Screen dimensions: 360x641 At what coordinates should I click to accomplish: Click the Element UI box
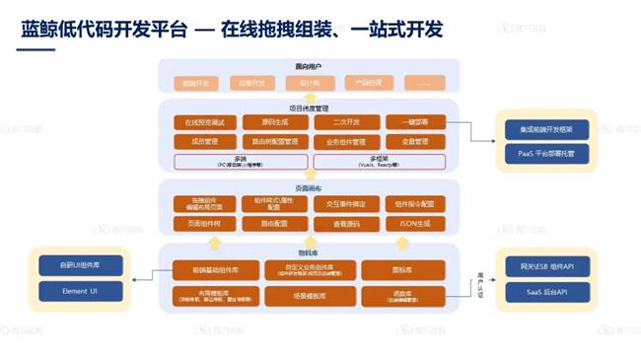[x=79, y=291]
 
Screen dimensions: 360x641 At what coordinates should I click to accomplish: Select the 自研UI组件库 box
[x=79, y=266]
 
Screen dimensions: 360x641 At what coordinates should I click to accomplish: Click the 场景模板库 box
[x=302, y=296]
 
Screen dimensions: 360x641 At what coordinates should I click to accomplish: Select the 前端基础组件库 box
[x=209, y=268]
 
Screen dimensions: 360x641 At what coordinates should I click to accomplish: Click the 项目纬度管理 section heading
[x=308, y=107]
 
